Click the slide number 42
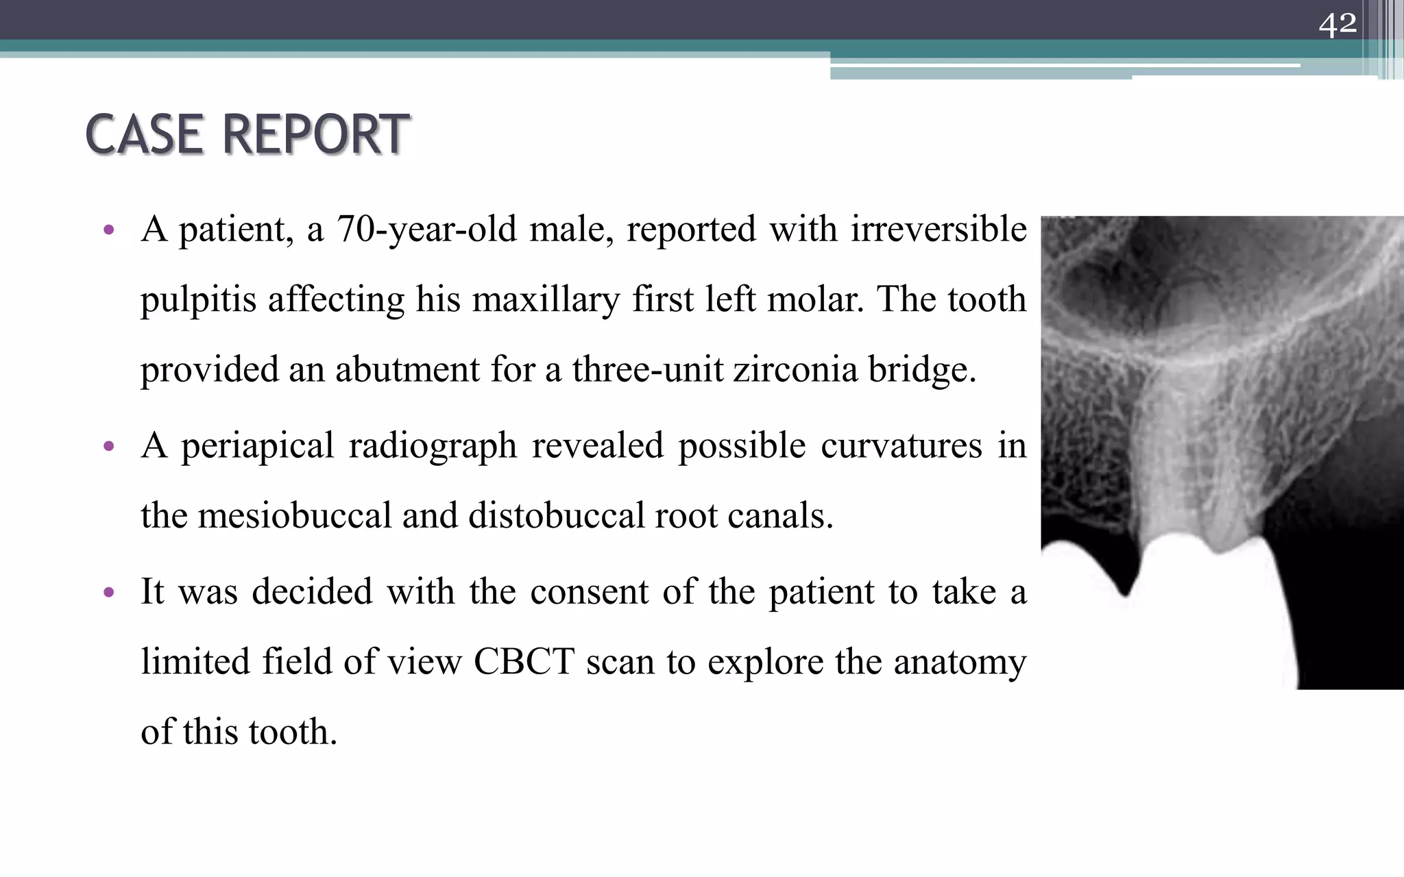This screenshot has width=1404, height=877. (x=1338, y=25)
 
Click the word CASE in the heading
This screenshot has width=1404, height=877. (x=144, y=134)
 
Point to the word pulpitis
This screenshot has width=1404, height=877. (x=198, y=300)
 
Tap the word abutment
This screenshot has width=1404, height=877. (x=407, y=370)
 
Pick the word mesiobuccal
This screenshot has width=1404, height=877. (x=294, y=516)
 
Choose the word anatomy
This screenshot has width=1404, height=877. (x=960, y=663)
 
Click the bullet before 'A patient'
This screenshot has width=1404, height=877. (x=108, y=230)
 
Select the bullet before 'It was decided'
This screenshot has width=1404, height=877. (x=108, y=593)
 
